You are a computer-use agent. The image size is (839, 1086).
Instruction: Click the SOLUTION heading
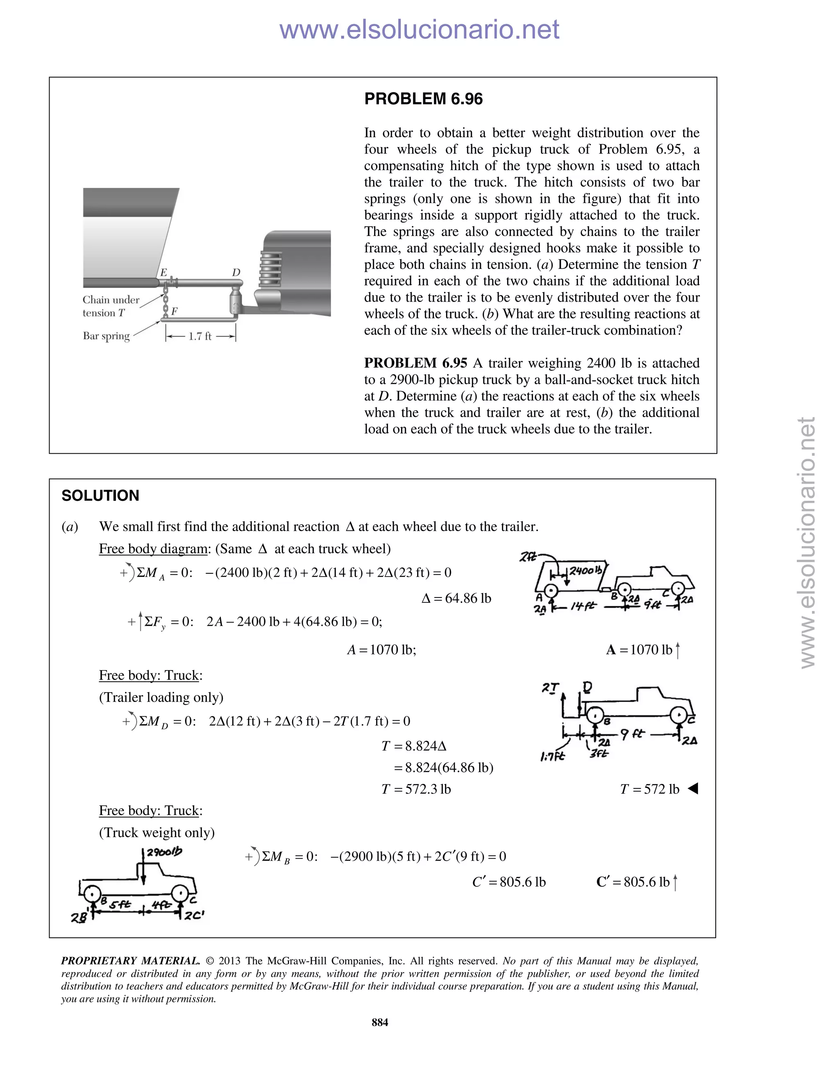100,495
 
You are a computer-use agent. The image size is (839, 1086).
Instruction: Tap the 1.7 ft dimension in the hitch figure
200,336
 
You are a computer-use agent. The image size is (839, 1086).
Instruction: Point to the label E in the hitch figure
163,272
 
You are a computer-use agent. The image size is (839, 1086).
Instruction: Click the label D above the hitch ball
236,272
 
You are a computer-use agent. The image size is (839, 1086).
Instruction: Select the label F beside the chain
175,311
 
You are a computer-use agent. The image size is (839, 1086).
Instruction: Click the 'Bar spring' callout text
106,336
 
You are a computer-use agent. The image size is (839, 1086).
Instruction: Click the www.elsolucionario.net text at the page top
419,30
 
